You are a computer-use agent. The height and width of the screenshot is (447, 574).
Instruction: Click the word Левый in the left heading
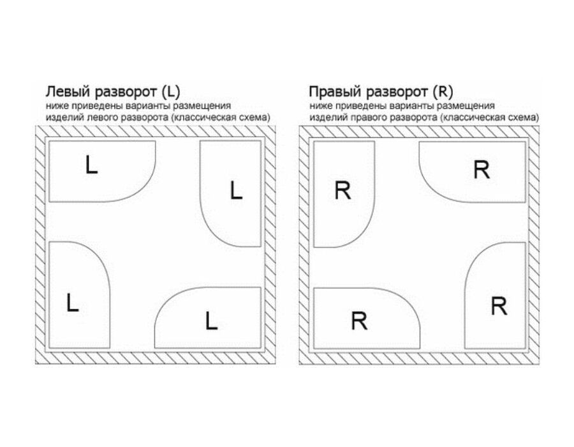point(68,91)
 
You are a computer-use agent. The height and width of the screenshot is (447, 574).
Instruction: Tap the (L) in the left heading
point(170,91)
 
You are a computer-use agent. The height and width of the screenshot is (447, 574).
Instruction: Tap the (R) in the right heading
point(443,91)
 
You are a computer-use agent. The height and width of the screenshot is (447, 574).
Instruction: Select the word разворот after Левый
point(126,93)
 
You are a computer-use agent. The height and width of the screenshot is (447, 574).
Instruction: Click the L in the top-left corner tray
point(91,165)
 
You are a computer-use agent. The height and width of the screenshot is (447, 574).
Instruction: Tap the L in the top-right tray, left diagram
point(236,190)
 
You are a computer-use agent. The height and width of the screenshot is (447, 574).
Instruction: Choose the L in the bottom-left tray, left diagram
point(73,303)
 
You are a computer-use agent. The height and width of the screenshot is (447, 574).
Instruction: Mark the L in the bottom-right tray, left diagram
point(211,321)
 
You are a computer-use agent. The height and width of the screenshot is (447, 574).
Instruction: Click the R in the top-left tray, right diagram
point(342,190)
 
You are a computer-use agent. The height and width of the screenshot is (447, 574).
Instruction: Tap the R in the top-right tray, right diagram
point(482,170)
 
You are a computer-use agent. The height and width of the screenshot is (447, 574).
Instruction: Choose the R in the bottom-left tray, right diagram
point(359,321)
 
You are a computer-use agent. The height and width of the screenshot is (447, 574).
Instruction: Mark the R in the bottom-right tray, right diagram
point(499,306)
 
